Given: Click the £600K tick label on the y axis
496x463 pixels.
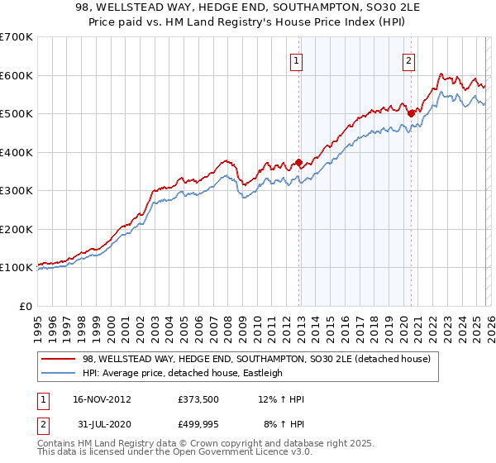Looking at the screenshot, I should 17,75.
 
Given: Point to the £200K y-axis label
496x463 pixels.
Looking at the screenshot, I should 17,229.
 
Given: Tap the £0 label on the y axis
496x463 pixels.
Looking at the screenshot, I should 26,306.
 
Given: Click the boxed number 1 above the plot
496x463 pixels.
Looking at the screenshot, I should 296,59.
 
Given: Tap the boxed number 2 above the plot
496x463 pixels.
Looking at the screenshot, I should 408,59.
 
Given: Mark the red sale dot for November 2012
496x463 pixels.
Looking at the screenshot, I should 299,163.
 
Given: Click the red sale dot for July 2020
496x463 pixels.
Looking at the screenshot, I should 411,114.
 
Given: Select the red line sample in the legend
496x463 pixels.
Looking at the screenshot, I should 59,359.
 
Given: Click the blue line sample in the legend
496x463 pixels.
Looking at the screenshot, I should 59,373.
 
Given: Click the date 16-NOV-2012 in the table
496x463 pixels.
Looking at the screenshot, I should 101,399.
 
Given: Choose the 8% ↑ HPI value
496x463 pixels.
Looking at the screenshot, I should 284,426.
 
